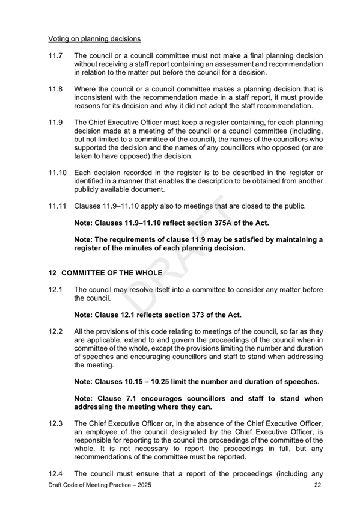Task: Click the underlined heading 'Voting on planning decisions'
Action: click(x=94, y=39)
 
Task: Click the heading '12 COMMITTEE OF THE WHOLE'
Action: click(x=102, y=272)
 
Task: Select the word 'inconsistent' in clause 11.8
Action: click(x=97, y=97)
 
